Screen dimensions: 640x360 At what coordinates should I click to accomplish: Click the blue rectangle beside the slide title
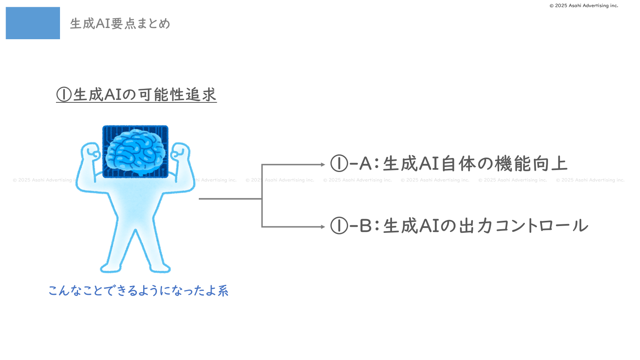(x=33, y=23)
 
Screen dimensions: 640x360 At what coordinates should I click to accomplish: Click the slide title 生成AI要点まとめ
(x=120, y=24)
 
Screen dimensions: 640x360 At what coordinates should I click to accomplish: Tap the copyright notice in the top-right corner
(x=584, y=6)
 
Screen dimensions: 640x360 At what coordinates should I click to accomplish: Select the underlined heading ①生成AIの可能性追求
(x=136, y=94)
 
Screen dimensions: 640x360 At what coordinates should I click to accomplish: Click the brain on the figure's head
(x=136, y=152)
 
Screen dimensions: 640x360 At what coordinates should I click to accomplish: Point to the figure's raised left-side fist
(x=91, y=152)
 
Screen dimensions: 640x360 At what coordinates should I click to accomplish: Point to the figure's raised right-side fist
(x=180, y=152)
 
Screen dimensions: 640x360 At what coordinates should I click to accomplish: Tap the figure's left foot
(x=111, y=268)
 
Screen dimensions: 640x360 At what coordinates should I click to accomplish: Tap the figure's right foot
(x=160, y=268)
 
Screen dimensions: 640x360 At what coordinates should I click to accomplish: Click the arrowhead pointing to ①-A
(x=323, y=164)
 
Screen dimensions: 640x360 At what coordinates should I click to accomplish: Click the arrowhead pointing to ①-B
(x=323, y=227)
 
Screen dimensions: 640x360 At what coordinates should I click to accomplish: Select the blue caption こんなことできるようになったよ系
(x=138, y=291)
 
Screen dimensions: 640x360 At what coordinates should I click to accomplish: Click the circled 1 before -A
(x=339, y=164)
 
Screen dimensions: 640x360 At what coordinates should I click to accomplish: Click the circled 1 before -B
(x=339, y=226)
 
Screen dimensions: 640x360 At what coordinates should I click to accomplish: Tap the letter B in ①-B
(x=366, y=226)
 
